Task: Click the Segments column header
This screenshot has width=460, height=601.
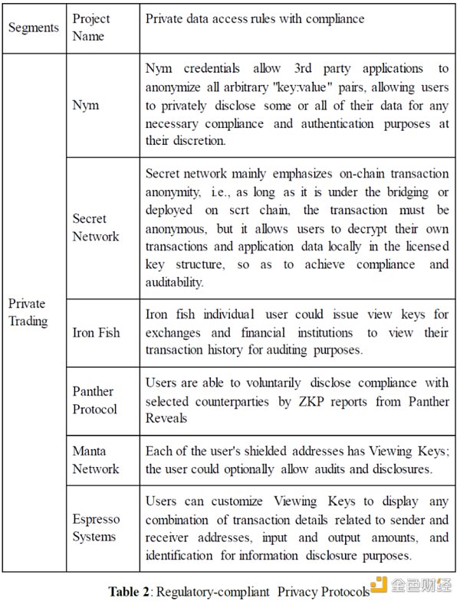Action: point(33,28)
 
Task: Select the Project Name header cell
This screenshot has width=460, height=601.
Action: point(91,27)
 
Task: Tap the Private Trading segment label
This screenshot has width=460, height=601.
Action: point(28,312)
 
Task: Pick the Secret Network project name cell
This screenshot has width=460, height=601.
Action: point(96,228)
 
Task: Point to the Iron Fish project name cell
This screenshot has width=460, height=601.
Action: point(96,333)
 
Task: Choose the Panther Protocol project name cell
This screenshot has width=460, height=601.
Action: point(95,400)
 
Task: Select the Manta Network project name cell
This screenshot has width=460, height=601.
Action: point(96,459)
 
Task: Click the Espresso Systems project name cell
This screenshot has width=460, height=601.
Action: point(96,528)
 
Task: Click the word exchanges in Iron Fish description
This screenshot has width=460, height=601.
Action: point(173,333)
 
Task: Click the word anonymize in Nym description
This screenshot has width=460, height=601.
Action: point(176,87)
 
